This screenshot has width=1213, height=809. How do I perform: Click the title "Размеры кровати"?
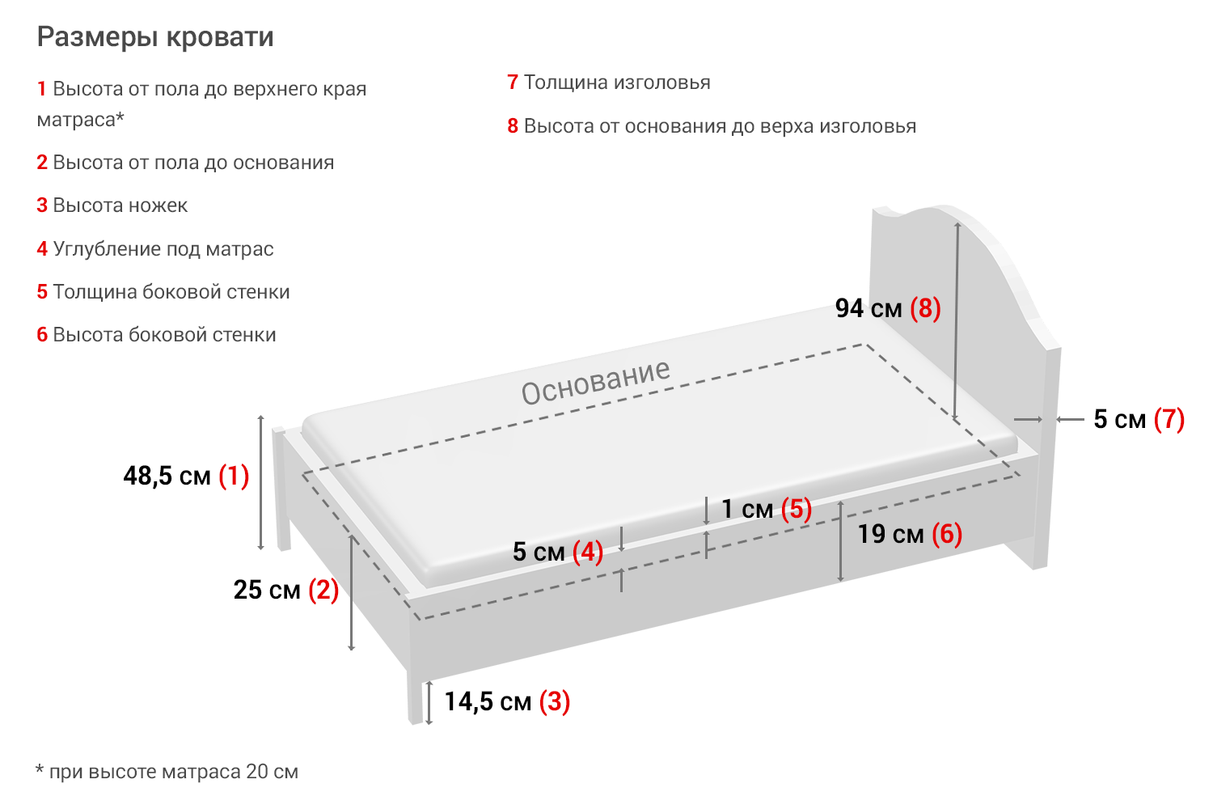(x=155, y=37)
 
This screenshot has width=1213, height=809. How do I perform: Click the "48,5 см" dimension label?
(x=167, y=476)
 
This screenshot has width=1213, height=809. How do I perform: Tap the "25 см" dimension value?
(x=267, y=590)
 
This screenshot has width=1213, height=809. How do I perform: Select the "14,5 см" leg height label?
(x=488, y=701)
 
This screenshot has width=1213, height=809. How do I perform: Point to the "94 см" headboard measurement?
(x=869, y=308)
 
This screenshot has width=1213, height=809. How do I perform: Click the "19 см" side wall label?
(x=890, y=534)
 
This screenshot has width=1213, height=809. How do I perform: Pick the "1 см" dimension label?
(x=747, y=509)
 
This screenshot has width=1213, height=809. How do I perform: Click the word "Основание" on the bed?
(x=596, y=381)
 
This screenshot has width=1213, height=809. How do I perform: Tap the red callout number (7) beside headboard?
(x=1169, y=419)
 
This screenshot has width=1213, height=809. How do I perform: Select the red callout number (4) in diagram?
(x=588, y=552)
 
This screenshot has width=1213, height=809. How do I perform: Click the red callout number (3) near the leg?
(x=555, y=701)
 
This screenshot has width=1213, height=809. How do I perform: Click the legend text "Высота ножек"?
(x=120, y=205)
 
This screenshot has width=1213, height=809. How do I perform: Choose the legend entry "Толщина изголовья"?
(x=617, y=83)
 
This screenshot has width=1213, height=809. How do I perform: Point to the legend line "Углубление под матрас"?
(x=163, y=249)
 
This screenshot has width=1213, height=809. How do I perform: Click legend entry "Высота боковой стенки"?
(x=164, y=335)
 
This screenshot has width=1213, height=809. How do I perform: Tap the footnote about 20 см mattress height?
(x=167, y=772)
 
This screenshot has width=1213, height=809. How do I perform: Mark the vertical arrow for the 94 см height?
(x=957, y=324)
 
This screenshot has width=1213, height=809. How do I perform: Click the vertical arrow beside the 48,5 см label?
(x=260, y=482)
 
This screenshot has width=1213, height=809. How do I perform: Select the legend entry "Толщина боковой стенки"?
(x=171, y=292)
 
